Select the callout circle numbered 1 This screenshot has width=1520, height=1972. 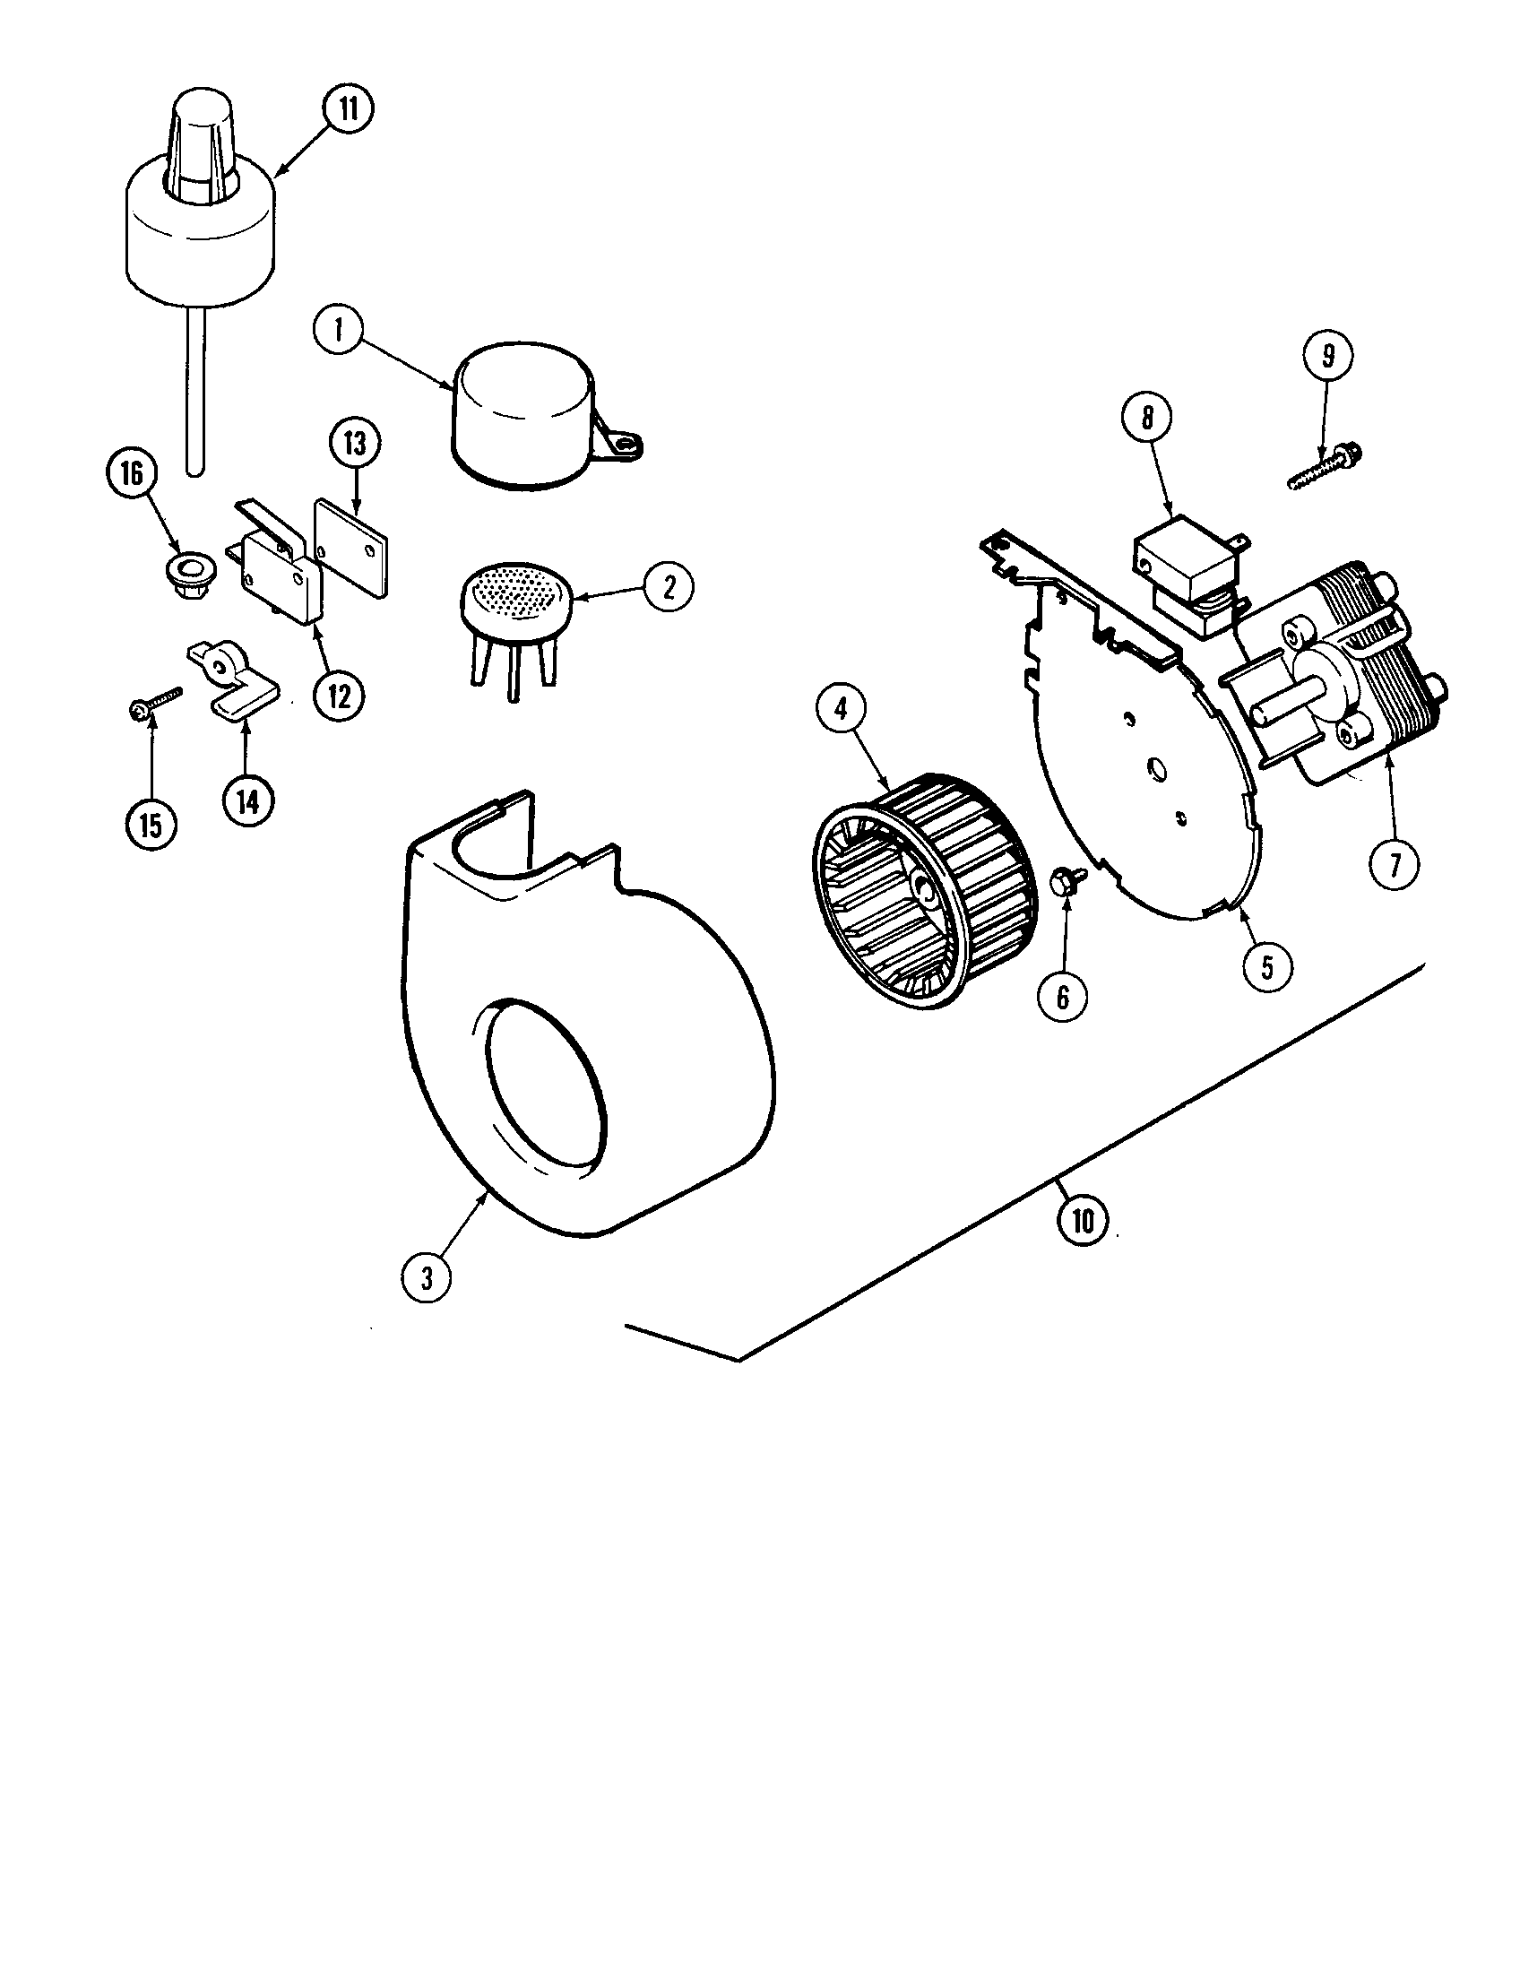pyautogui.click(x=339, y=330)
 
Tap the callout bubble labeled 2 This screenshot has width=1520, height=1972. pyautogui.click(x=669, y=588)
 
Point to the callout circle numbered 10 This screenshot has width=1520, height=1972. pyautogui.click(x=1083, y=1221)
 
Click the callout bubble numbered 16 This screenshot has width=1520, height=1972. pyautogui.click(x=132, y=475)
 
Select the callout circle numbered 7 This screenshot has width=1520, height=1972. pyautogui.click(x=1395, y=865)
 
